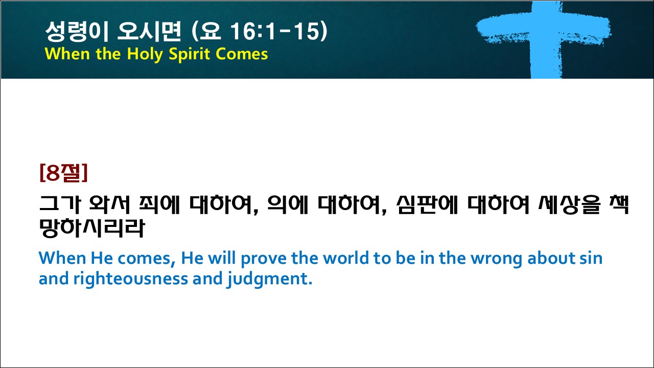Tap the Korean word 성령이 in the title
(77, 31)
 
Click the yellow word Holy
(145, 54)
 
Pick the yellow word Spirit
(190, 54)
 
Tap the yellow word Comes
(242, 54)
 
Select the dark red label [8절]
(64, 172)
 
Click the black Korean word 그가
(60, 204)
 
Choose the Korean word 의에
(288, 204)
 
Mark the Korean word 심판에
(427, 204)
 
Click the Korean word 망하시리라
(92, 228)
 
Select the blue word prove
(264, 259)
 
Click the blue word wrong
(496, 259)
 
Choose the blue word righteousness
(130, 279)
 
